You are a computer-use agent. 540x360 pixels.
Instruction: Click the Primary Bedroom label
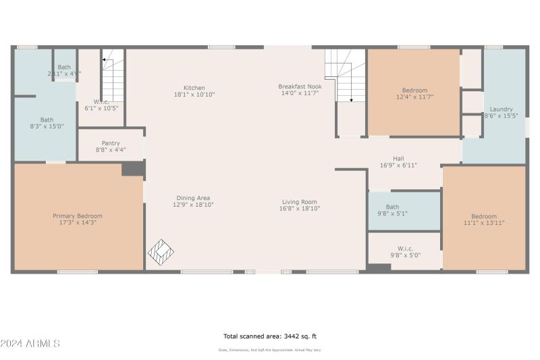click(x=78, y=216)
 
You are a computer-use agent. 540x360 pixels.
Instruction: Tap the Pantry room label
click(x=111, y=143)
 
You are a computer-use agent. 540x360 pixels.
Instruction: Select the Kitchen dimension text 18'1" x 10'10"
click(x=194, y=95)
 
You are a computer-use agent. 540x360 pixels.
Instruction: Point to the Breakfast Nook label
click(x=300, y=86)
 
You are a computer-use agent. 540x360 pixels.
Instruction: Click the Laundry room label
click(x=501, y=109)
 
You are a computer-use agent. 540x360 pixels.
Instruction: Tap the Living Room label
click(x=300, y=202)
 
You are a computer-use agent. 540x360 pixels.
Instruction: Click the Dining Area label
click(x=194, y=198)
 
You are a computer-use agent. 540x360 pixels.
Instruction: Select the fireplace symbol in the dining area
click(x=161, y=253)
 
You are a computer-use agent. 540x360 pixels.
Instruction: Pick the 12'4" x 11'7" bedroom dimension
click(x=414, y=97)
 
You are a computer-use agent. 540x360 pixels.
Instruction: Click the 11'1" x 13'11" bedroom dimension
click(x=484, y=223)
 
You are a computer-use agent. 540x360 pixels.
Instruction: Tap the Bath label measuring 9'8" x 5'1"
click(x=392, y=207)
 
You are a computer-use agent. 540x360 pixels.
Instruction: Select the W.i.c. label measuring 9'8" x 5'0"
click(x=405, y=249)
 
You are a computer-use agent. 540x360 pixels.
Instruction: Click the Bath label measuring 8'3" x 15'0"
click(x=47, y=120)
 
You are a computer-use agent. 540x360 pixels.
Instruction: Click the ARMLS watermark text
click(x=30, y=344)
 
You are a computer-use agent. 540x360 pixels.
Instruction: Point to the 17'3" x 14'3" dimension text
click(x=78, y=223)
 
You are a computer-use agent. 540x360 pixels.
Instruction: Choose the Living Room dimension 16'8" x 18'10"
click(x=300, y=209)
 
